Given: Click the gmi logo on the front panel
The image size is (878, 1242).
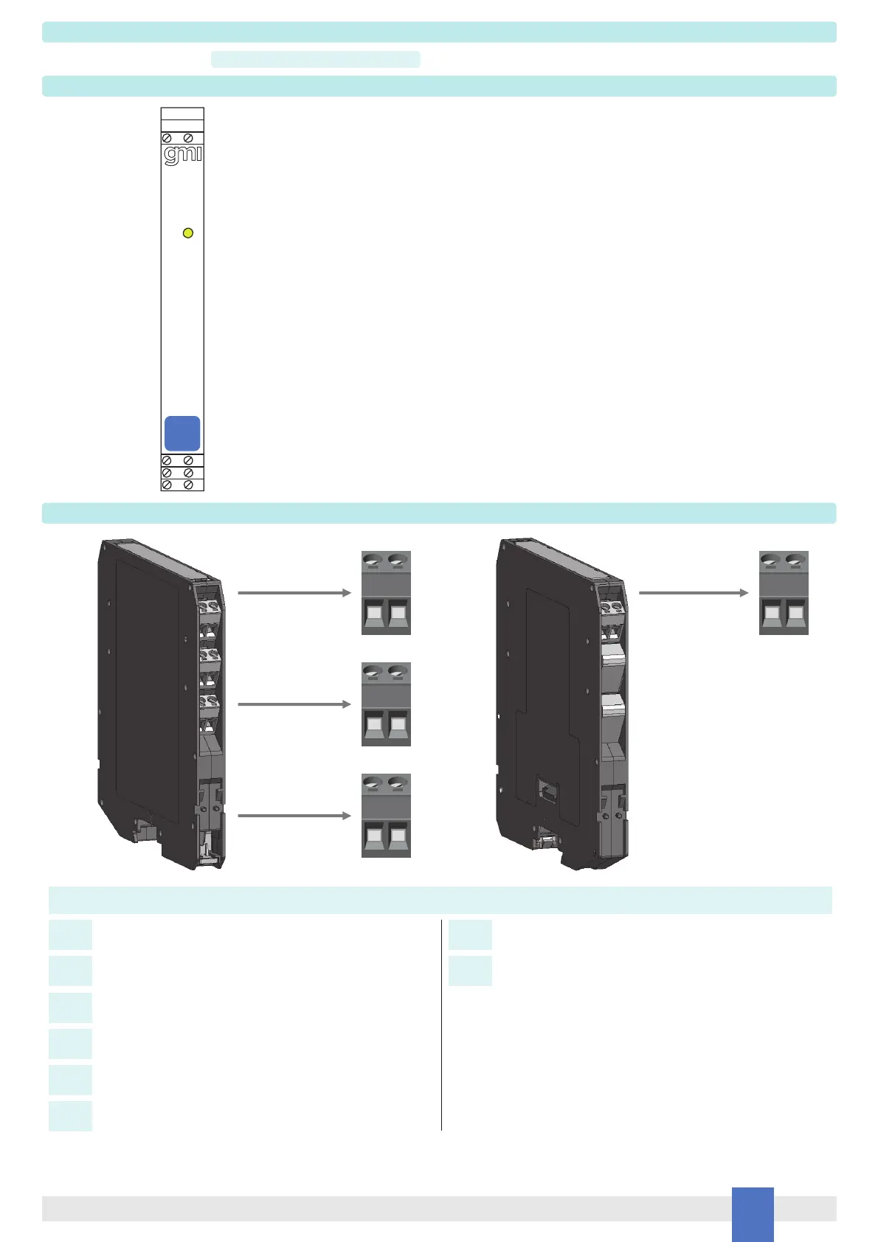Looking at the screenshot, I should click(x=182, y=155).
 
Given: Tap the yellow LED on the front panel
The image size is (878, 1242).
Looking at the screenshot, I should click(x=187, y=233).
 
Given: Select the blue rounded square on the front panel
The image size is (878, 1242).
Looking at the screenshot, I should click(x=182, y=433).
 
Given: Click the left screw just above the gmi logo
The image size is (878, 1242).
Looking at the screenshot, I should click(x=167, y=138).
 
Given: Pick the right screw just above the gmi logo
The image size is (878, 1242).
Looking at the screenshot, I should click(x=188, y=138).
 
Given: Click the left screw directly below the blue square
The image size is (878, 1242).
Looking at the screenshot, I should click(x=167, y=460).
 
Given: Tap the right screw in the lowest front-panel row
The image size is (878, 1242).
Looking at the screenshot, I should click(x=188, y=485).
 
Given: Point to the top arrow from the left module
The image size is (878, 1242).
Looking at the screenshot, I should click(x=294, y=592).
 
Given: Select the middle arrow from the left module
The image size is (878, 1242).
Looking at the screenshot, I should click(x=294, y=704).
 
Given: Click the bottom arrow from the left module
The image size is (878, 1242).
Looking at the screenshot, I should click(x=294, y=816).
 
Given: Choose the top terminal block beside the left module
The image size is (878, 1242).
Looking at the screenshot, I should click(x=386, y=593).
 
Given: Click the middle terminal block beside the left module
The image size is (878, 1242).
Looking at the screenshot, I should click(x=386, y=704).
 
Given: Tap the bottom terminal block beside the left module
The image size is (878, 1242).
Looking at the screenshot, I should click(x=386, y=816).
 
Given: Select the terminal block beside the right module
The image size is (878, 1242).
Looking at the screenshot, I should click(x=784, y=593).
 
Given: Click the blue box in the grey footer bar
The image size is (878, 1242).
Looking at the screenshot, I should click(x=753, y=1214).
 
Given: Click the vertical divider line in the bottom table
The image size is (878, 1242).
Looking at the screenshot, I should click(x=441, y=1025).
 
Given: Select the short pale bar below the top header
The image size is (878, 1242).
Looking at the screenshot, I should click(x=316, y=60).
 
